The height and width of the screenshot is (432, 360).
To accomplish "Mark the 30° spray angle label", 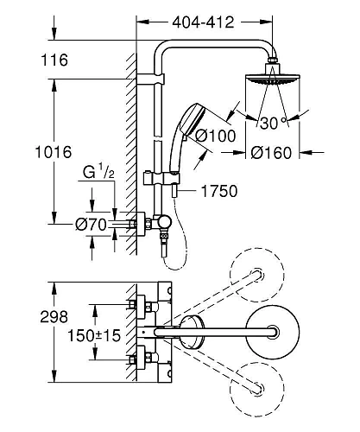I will (x=273, y=124).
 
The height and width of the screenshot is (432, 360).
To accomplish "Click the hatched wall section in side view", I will (x=129, y=156).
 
